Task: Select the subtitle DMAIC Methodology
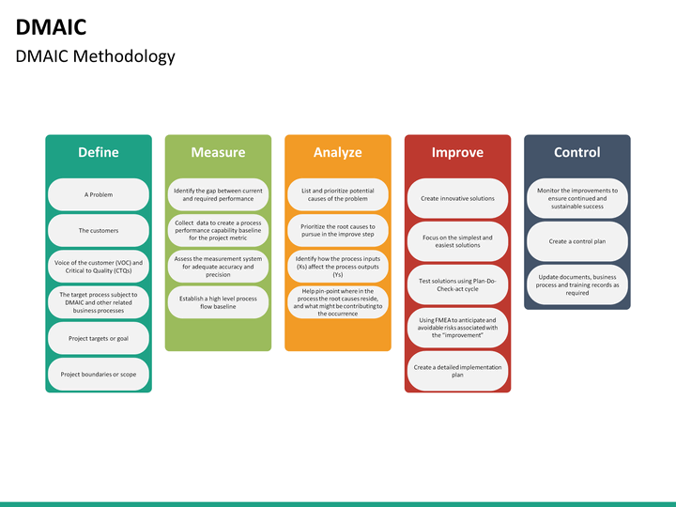coord(95,56)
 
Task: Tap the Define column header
coord(98,152)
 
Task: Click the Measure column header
coord(218,152)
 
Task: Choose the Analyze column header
coord(337,152)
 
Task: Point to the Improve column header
coord(457,152)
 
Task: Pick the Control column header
coord(576,152)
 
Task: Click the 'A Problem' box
coord(98,194)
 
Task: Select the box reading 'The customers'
coord(98,230)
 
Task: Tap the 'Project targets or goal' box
coord(98,338)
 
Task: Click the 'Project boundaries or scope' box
coord(98,374)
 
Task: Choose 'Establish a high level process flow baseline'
coord(218,302)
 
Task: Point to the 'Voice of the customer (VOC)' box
coord(98,267)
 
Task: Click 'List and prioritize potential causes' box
coord(337,194)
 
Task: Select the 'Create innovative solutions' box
coord(457,198)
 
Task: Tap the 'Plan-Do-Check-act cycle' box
coord(457,284)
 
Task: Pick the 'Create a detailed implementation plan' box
coord(457,370)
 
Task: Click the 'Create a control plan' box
coord(576,241)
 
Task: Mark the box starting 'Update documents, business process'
coord(576,284)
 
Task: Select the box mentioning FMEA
coord(457,327)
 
